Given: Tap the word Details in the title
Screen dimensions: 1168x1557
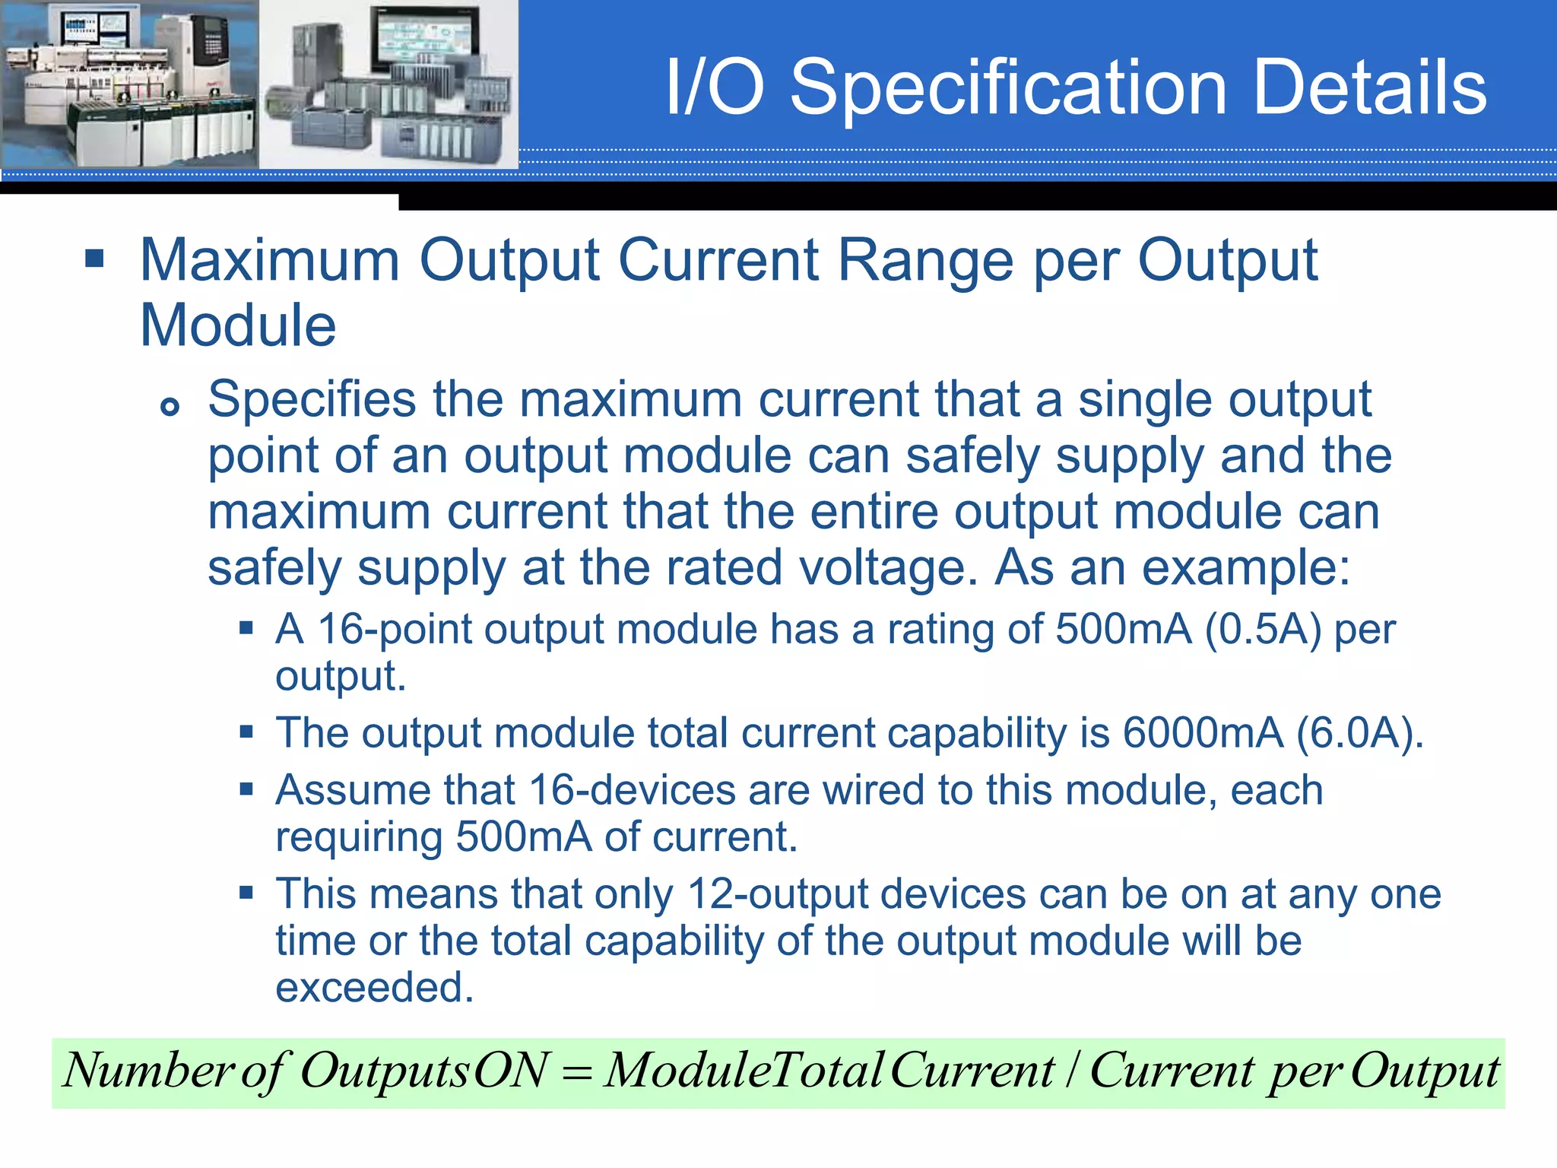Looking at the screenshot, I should [x=1368, y=88].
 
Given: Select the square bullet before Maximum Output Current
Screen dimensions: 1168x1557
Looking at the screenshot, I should [x=94, y=259].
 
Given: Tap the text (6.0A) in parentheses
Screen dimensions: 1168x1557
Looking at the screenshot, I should [x=1358, y=733].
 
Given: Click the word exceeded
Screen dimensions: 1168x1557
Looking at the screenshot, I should [x=374, y=988].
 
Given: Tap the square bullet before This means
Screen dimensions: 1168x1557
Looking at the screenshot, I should [x=246, y=892].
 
